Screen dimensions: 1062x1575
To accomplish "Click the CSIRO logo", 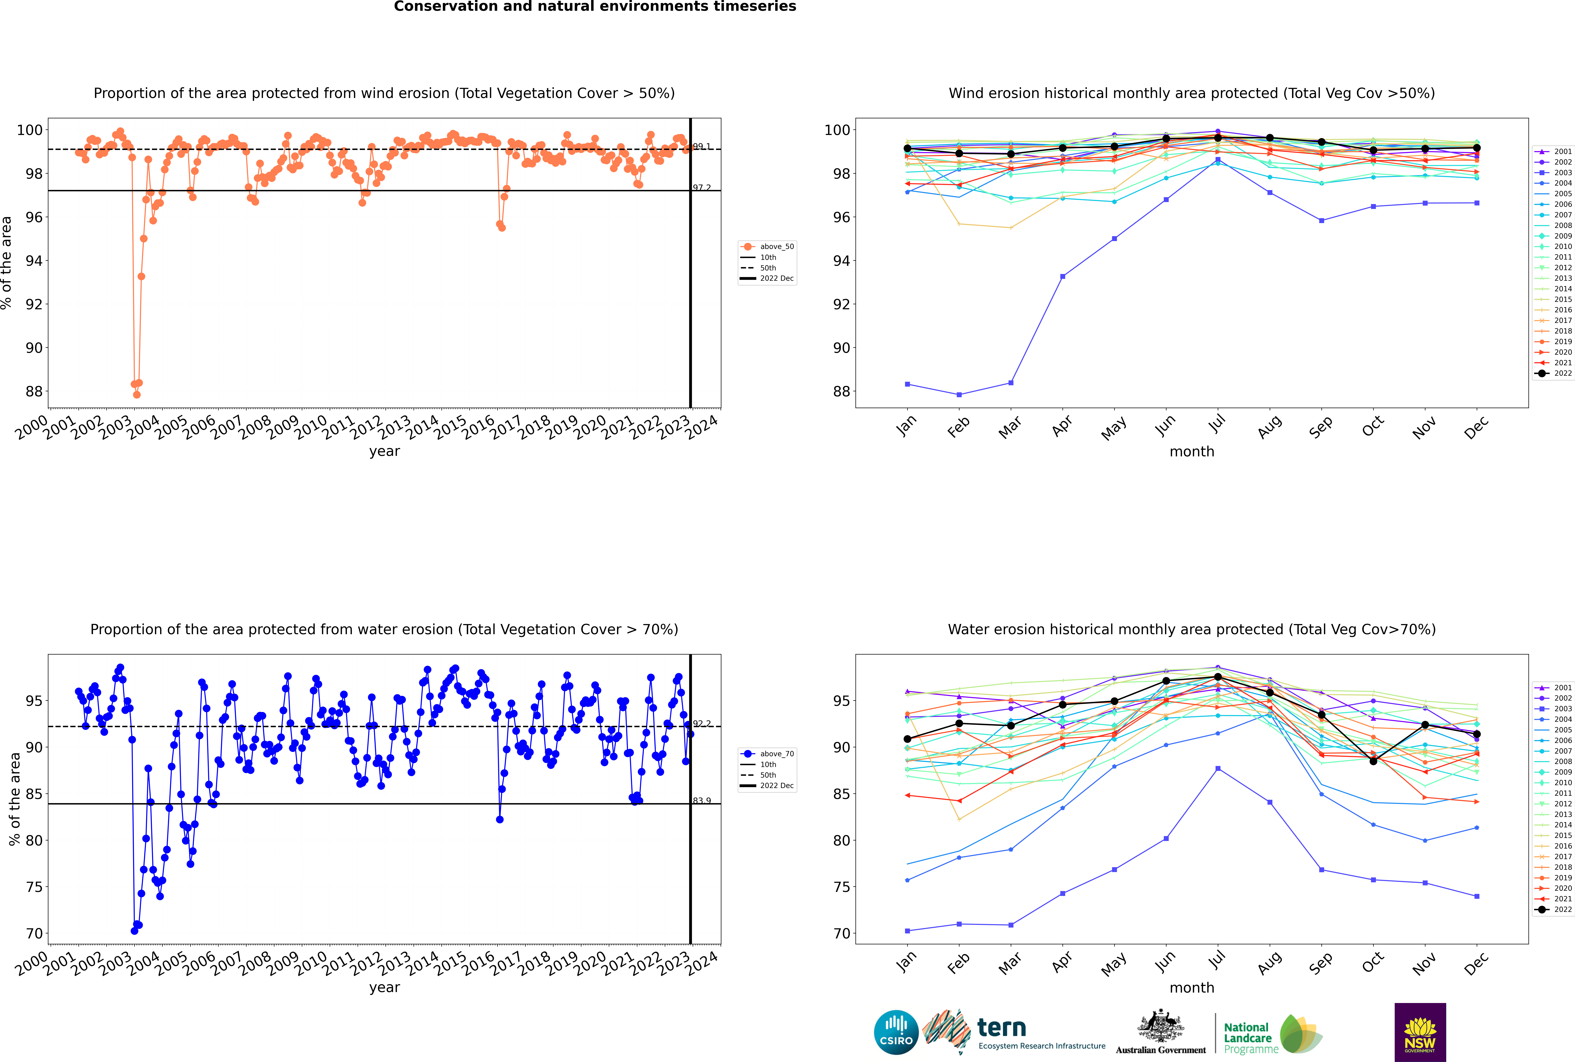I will (x=896, y=1032).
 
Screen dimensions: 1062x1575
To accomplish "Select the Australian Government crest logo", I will (x=1161, y=1032).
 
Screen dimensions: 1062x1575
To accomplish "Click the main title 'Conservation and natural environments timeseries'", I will (x=595, y=7).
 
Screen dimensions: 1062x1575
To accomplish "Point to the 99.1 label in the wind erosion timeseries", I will (x=702, y=146).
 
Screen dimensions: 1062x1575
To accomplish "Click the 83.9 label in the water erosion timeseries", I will (x=702, y=801).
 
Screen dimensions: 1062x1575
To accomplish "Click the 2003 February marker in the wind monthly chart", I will (x=959, y=394).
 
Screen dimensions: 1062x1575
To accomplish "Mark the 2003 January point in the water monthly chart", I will (x=907, y=931).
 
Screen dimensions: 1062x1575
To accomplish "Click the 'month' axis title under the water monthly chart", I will (x=1192, y=988).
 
